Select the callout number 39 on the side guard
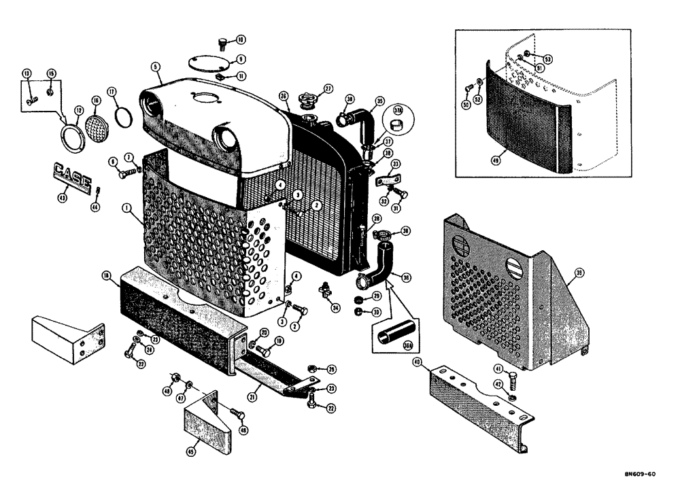pos(579,273)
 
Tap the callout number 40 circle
pos(418,363)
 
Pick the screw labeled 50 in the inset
pos(468,88)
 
